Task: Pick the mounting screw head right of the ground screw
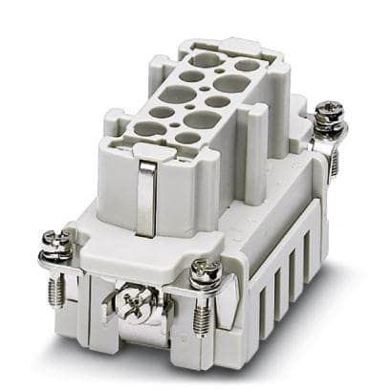tap(206, 276)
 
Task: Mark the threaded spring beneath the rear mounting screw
tap(333, 153)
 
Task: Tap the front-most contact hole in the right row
tap(189, 138)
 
